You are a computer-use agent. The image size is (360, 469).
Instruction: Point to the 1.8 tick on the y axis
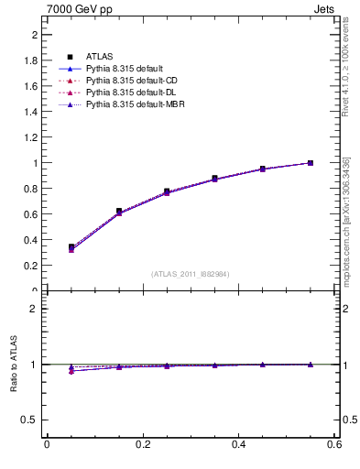click(31, 60)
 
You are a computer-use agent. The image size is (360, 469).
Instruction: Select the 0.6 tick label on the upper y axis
click(31, 214)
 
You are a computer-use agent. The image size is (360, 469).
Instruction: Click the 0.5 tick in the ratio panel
click(31, 420)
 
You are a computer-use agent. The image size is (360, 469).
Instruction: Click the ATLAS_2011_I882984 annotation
click(191, 274)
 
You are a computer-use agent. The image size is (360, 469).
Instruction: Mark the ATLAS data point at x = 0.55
click(311, 163)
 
